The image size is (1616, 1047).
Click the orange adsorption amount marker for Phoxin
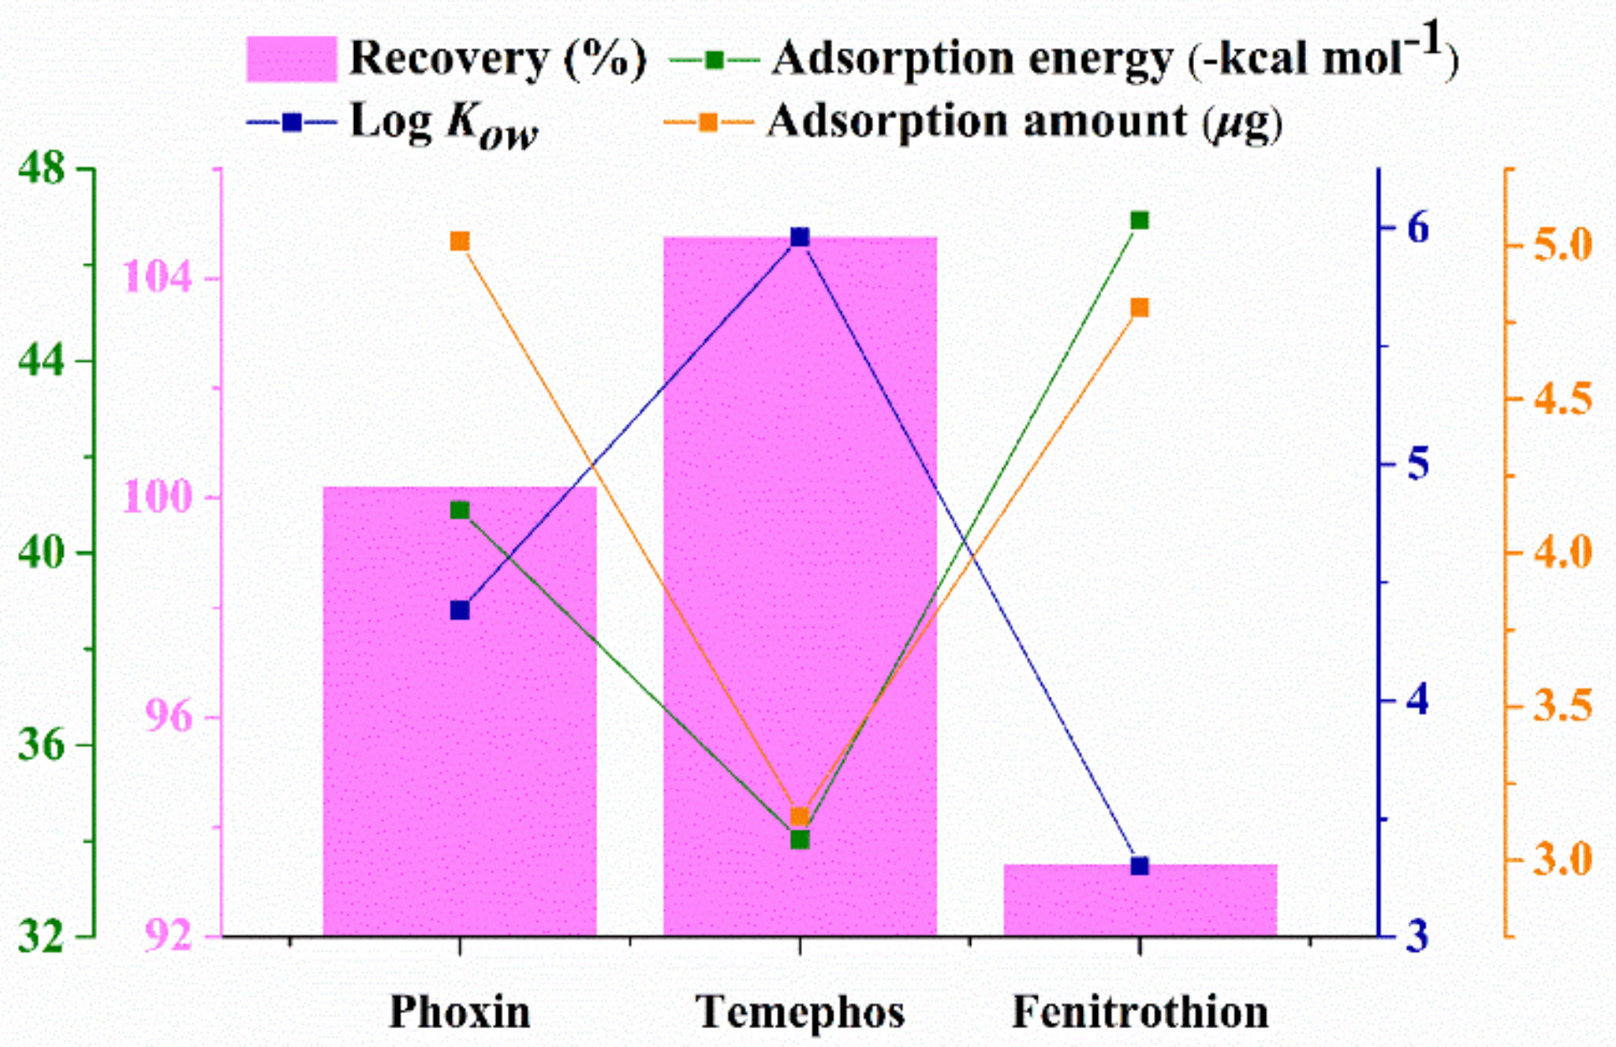pyautogui.click(x=460, y=241)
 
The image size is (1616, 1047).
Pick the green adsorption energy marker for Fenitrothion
pyautogui.click(x=1140, y=220)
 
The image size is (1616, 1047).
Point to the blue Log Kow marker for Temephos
pyautogui.click(x=800, y=237)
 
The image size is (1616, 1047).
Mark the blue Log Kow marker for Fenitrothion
pyautogui.click(x=1140, y=866)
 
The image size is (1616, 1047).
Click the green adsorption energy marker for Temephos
pyautogui.click(x=800, y=840)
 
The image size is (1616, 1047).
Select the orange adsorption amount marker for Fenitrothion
pyautogui.click(x=1140, y=307)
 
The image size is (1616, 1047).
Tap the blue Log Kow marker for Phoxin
pyautogui.click(x=460, y=610)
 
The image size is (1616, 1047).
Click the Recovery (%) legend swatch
pyautogui.click(x=291, y=58)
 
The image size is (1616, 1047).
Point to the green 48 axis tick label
pyautogui.click(x=41, y=168)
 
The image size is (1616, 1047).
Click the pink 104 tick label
pyautogui.click(x=158, y=278)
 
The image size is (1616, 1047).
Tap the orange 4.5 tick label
pyautogui.click(x=1562, y=398)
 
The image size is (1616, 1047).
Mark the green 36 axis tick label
pyautogui.click(x=41, y=744)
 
